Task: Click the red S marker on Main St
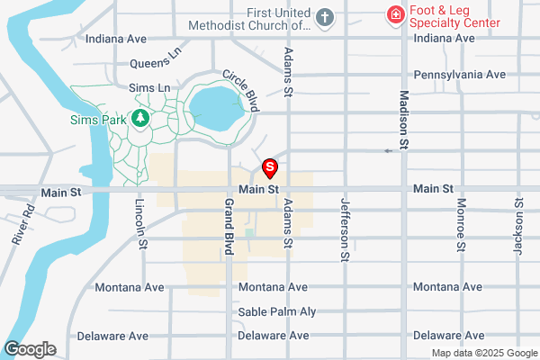[x=269, y=167]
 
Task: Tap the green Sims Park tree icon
[x=139, y=118]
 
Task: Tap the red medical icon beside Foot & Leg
[x=393, y=14]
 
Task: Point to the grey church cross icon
[x=325, y=16]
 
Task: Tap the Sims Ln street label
[x=149, y=87]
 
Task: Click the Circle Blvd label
[x=241, y=92]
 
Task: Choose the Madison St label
[x=404, y=120]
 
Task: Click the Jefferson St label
[x=344, y=230]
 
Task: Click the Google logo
[x=30, y=349]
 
